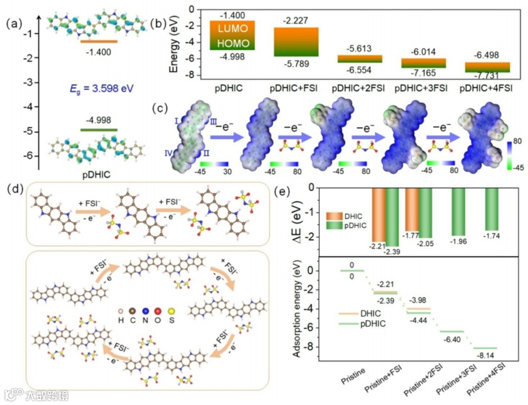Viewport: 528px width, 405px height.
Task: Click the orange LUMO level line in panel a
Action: pyautogui.click(x=99, y=42)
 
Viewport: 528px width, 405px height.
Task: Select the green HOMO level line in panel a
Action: pyautogui.click(x=99, y=130)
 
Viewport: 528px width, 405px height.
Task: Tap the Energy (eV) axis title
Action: pyautogui.click(x=174, y=43)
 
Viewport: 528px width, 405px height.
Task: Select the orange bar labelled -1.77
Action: pyautogui.click(x=412, y=209)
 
